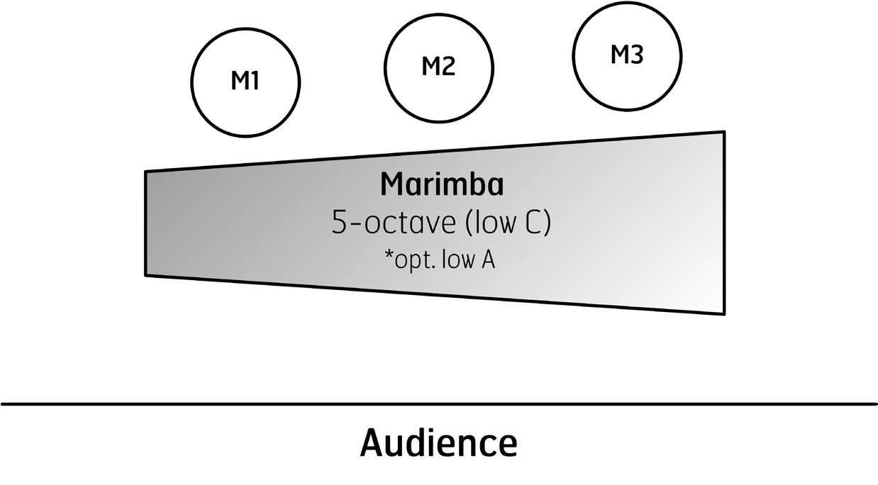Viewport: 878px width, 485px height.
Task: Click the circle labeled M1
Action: pos(245,82)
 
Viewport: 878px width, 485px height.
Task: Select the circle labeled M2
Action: pos(438,66)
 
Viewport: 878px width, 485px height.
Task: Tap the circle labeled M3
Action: pos(627,55)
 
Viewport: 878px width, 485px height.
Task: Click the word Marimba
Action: pos(442,184)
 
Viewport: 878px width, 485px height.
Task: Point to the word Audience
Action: pos(438,443)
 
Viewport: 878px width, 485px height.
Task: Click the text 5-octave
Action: pos(394,223)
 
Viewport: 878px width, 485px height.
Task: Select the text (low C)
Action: pos(508,223)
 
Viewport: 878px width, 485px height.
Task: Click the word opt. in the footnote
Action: pos(413,260)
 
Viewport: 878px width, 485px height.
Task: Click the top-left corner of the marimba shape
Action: pos(146,172)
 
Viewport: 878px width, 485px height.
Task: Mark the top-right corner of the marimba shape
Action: pos(724,132)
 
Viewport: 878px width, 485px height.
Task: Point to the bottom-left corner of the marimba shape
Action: pos(146,274)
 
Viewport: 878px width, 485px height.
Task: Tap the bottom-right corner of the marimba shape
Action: pos(724,313)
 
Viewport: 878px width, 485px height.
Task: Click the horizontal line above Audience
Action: pos(438,404)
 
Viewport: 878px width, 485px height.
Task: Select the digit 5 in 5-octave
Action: pos(340,223)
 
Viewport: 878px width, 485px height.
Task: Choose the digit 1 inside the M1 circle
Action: pos(255,81)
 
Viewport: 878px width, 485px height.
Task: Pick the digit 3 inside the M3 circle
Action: pos(636,55)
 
